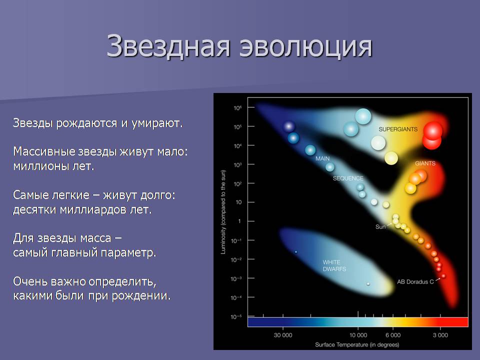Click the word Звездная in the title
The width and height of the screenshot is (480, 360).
click(x=168, y=46)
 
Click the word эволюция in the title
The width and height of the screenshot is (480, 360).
click(x=305, y=46)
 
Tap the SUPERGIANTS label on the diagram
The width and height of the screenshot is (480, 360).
click(x=398, y=129)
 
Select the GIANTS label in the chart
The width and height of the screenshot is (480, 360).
click(x=425, y=163)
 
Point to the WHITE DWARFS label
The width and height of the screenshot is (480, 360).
click(x=334, y=265)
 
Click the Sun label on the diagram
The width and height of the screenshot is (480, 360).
click(x=380, y=227)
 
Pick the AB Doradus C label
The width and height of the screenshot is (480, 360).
click(x=415, y=282)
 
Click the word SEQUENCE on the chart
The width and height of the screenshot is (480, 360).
click(x=348, y=178)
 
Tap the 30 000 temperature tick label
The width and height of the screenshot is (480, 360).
click(x=283, y=335)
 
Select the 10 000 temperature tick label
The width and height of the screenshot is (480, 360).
click(x=358, y=335)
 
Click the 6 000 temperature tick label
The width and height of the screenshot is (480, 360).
click(x=393, y=335)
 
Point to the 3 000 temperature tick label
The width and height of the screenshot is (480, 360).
click(x=440, y=335)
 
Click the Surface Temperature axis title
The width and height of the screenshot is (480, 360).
click(x=357, y=344)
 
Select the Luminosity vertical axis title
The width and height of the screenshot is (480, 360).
click(x=223, y=212)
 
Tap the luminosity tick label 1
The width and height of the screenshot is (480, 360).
click(x=239, y=221)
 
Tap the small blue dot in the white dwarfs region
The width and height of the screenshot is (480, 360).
click(x=296, y=252)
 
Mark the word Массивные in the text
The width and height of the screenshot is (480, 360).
click(x=44, y=151)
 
